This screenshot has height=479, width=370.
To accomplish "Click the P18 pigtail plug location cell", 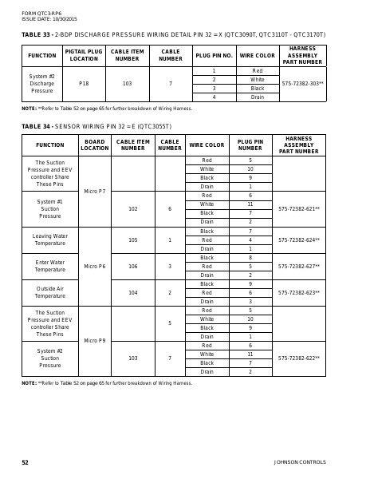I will coord(84,83).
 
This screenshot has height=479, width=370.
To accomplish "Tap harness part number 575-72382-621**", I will coord(299,208).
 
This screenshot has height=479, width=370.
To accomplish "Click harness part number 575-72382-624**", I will coord(299,239).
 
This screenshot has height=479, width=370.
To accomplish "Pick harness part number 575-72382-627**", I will coord(299,266).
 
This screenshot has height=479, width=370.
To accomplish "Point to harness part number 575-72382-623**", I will coord(299,293).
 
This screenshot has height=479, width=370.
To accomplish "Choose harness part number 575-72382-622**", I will coord(299,358).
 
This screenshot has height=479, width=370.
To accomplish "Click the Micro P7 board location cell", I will coord(95,192).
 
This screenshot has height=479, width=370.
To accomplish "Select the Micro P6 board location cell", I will coord(95,266).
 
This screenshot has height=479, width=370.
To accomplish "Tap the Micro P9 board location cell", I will coord(95,340).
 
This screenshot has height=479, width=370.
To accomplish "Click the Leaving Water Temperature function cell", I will coord(50,239).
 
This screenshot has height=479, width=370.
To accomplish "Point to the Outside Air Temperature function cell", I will coord(50,292).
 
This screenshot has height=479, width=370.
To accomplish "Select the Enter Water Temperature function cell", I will coord(50,266).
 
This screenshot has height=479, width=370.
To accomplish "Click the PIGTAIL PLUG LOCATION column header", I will coord(84,57).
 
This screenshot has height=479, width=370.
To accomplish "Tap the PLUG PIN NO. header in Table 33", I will coord(214,57).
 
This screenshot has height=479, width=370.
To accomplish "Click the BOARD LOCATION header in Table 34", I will coord(95,145).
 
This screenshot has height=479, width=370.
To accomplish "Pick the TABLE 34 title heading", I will coord(96,126).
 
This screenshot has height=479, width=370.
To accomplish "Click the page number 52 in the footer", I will coord(25,462).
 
